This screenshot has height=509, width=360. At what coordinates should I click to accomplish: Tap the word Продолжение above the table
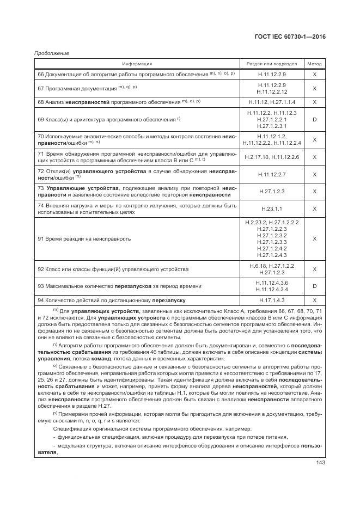tap(51, 53)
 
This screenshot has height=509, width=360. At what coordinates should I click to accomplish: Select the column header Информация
tap(137, 64)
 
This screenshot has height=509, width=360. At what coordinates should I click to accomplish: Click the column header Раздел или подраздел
tap(272, 64)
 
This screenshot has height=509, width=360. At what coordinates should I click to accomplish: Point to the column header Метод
tap(314, 64)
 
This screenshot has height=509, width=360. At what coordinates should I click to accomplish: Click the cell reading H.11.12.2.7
tap(272, 174)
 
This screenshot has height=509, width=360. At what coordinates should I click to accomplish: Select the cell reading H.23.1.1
tap(272, 208)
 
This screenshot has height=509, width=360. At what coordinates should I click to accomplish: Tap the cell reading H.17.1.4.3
tap(272, 300)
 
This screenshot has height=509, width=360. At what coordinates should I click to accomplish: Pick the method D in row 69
tap(314, 119)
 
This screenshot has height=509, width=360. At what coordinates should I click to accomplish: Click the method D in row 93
tap(314, 286)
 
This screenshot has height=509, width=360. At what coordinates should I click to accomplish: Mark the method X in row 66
tap(314, 74)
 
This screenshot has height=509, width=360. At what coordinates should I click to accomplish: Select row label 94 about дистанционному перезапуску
tap(112, 300)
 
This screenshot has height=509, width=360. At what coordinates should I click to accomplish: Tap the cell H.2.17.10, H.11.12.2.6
tap(272, 157)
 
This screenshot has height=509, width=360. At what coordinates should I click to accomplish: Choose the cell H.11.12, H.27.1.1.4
tap(272, 102)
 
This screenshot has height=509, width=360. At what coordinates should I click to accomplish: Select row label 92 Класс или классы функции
tap(113, 269)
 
